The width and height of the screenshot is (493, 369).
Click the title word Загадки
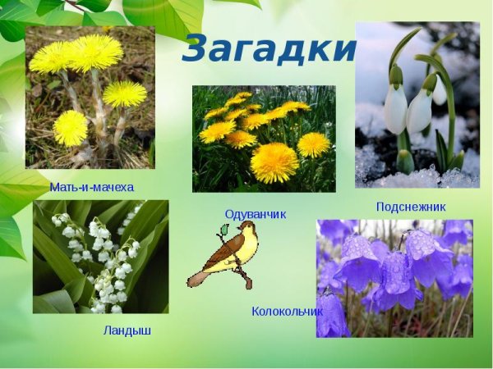click(270, 49)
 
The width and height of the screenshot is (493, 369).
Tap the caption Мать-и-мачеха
click(90, 187)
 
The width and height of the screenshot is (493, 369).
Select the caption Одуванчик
click(256, 214)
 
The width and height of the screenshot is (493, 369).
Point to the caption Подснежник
click(411, 207)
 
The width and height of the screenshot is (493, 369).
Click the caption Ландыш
click(127, 331)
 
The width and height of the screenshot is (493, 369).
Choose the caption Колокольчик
click(287, 312)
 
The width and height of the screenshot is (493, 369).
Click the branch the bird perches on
click(239, 270)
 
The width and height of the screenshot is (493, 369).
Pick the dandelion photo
click(264, 139)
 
